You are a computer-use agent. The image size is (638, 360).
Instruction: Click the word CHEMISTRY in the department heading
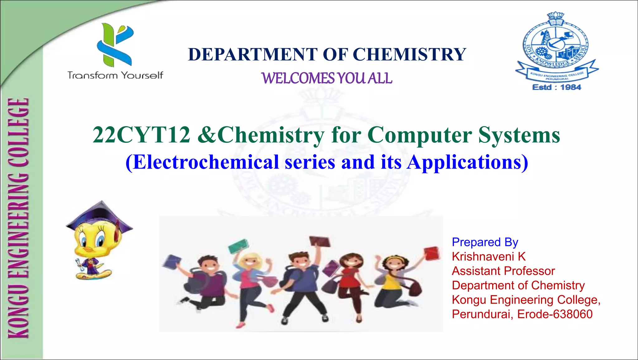click(x=409, y=55)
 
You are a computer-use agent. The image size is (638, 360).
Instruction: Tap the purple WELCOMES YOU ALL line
click(x=326, y=78)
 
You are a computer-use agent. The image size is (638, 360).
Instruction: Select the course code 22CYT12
click(x=141, y=135)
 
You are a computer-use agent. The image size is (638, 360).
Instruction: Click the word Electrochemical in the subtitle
click(x=206, y=162)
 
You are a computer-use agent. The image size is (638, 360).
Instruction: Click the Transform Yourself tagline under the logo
click(x=115, y=75)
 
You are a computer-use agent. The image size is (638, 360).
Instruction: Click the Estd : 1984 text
click(x=557, y=87)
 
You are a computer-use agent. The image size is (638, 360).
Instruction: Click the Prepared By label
click(x=485, y=242)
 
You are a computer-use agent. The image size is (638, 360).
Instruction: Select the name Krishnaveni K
click(x=488, y=257)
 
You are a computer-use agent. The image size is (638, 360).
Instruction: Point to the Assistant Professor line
click(x=503, y=271)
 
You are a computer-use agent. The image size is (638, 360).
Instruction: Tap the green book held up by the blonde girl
click(x=238, y=246)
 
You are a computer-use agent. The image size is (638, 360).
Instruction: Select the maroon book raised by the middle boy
click(x=320, y=241)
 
